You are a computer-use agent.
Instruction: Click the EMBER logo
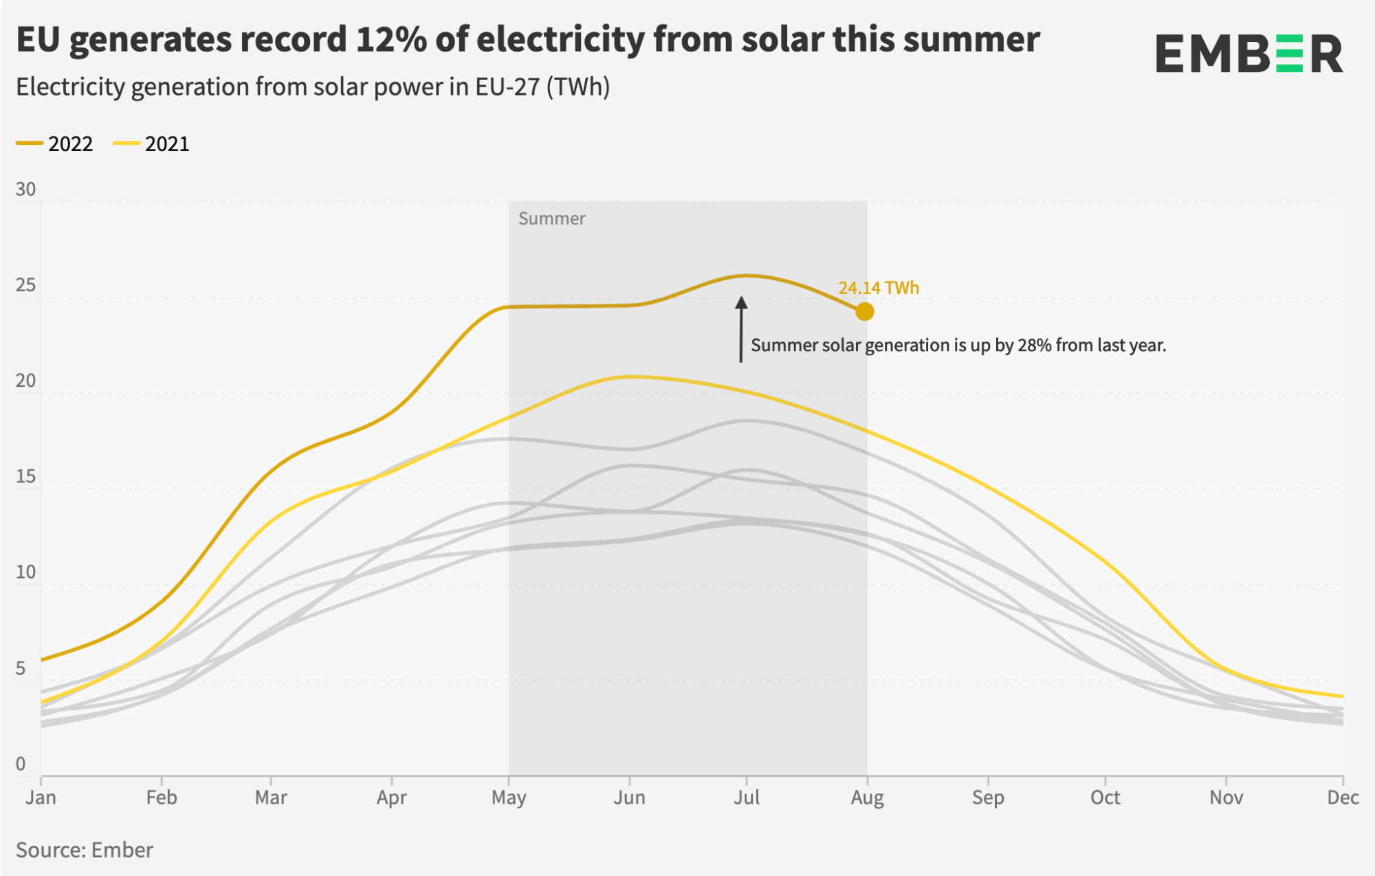click(1249, 54)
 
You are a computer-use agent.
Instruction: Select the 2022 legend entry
click(55, 144)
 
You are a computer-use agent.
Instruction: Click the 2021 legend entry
click(152, 144)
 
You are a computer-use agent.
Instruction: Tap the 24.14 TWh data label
click(879, 288)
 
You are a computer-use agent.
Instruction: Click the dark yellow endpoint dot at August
click(865, 311)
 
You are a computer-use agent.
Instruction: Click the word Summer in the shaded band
click(551, 218)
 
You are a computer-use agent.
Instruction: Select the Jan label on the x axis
click(41, 798)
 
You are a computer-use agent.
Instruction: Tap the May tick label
click(509, 798)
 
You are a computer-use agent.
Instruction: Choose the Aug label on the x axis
click(867, 798)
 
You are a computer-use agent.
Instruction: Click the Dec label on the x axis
click(1343, 798)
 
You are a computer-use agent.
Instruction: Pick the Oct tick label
click(1105, 798)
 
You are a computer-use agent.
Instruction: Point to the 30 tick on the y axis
click(25, 190)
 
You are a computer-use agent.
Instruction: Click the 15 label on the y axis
click(25, 477)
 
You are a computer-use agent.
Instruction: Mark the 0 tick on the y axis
click(21, 764)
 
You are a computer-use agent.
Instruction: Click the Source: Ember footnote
click(85, 850)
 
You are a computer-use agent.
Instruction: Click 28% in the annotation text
click(1035, 345)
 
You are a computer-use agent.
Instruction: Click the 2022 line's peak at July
click(747, 276)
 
